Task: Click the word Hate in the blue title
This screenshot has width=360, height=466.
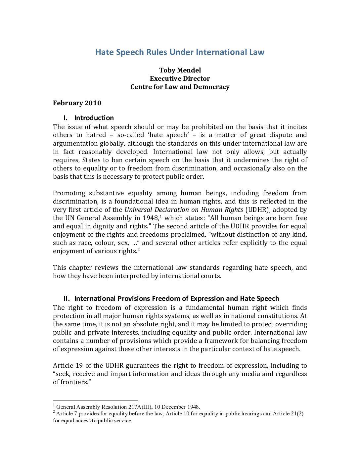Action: pyautogui.click(x=104, y=52)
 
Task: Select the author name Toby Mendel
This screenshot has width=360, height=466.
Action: pyautogui.click(x=180, y=70)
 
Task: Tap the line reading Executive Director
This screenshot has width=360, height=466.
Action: pyautogui.click(x=180, y=78)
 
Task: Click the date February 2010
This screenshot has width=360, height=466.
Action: pyautogui.click(x=77, y=103)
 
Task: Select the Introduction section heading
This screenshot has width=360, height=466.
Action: pyautogui.click(x=94, y=118)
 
